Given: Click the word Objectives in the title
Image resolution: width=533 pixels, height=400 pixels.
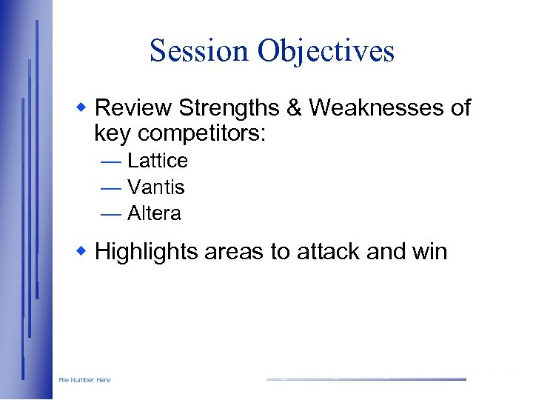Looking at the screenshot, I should [326, 51].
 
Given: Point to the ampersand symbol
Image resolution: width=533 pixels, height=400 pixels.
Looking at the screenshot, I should [295, 108].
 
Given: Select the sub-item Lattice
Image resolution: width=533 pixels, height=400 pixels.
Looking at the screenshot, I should [158, 161].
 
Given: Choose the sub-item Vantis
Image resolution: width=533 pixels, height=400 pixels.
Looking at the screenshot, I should [155, 187].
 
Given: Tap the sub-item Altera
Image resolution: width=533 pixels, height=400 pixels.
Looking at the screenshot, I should [154, 214].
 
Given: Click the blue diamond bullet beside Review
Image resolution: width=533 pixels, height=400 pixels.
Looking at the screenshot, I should [83, 107].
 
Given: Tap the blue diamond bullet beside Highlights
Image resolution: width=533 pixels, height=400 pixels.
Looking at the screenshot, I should [83, 251].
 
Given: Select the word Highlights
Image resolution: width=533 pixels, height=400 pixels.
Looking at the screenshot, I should [147, 252].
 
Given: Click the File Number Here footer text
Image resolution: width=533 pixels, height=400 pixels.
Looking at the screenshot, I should [84, 380].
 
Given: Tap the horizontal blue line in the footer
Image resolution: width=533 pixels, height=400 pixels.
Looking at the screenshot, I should [366, 379].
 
